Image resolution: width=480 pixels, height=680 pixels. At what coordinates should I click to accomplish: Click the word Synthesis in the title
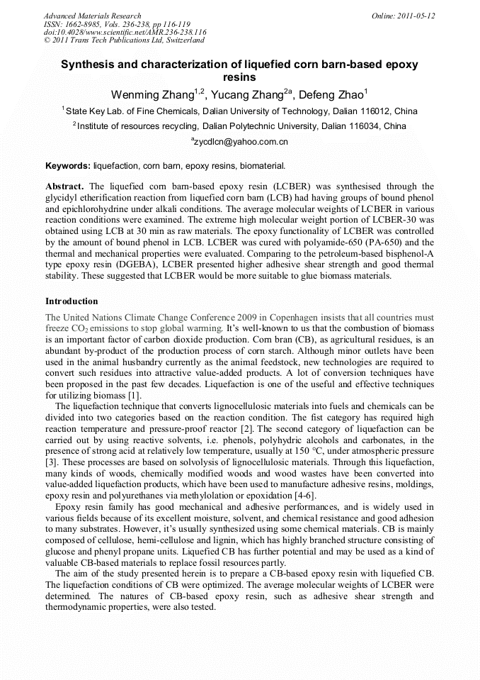point(89,65)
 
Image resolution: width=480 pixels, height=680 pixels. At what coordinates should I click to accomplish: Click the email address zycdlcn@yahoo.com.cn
point(241,142)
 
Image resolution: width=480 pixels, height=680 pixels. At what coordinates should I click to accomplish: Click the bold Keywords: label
point(68,167)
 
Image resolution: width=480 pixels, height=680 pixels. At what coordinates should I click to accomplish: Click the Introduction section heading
point(72,301)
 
